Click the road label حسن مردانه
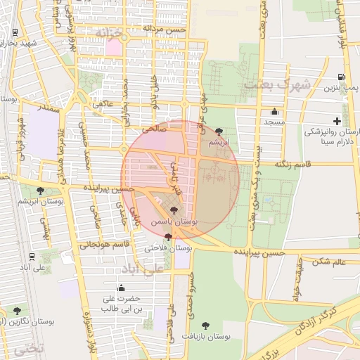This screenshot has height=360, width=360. tap(165, 30)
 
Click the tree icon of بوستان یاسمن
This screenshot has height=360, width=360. tap(174, 210)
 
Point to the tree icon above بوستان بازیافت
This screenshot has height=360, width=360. tap(205, 325)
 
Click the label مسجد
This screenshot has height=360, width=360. tap(274, 122)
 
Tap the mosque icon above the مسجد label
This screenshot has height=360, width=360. tap(274, 112)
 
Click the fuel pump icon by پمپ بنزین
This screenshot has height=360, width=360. tap(341, 77)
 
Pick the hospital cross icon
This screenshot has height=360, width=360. tap(337, 122)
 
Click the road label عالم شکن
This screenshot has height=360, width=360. tap(330, 262)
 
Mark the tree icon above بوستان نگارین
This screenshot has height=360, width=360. tap(17, 310)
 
